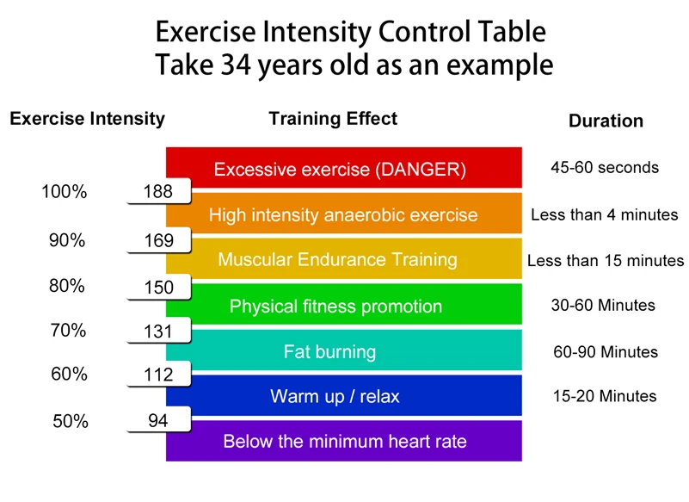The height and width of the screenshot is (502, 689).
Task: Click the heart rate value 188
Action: pos(158,192)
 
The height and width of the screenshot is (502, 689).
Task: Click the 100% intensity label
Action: pos(65,192)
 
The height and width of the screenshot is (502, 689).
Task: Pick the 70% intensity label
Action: pos(67,330)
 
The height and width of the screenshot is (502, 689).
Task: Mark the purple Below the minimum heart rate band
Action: pos(344,442)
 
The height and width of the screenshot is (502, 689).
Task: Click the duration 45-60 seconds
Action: pos(605,167)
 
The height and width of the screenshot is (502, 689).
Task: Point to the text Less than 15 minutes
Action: pos(606,260)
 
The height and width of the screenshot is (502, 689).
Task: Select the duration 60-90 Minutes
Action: pos(606,351)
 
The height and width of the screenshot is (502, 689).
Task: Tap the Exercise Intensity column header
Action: pos(87,119)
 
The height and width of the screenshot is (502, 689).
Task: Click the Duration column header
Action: pos(606,121)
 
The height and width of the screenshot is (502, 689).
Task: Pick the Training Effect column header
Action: pos(334,119)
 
